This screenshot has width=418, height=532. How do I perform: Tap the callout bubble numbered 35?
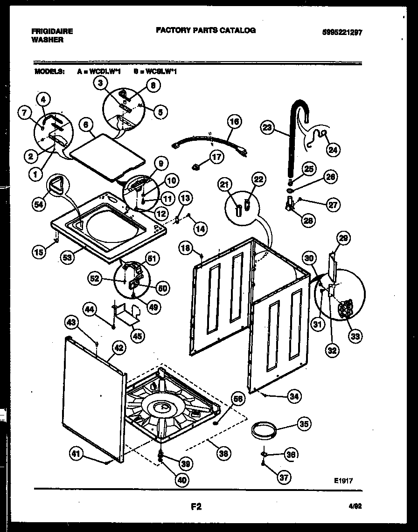pyautogui.click(x=304, y=424)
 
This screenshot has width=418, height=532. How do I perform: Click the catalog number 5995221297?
pyautogui.click(x=342, y=33)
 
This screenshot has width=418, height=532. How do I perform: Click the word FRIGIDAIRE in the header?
pyautogui.click(x=52, y=32)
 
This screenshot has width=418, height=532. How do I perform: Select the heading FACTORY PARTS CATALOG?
pyautogui.click(x=205, y=30)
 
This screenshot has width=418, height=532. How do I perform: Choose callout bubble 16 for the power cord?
pyautogui.click(x=235, y=123)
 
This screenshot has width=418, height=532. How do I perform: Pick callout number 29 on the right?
pyautogui.click(x=343, y=239)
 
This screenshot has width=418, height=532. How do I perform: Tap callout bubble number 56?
pyautogui.click(x=238, y=399)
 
